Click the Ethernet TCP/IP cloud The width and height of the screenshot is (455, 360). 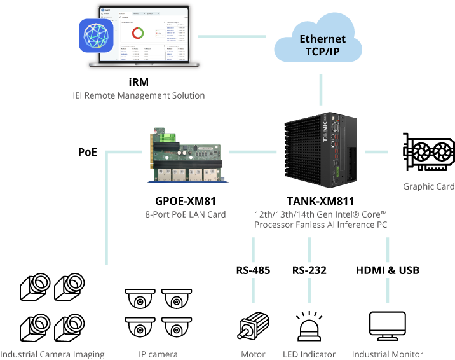pyautogui.click(x=318, y=41)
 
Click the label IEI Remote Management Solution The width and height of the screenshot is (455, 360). pyautogui.click(x=139, y=95)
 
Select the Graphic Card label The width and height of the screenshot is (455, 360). pyautogui.click(x=429, y=186)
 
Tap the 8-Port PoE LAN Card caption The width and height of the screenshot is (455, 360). pyautogui.click(x=185, y=214)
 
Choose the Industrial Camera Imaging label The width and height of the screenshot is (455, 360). pyautogui.click(x=52, y=354)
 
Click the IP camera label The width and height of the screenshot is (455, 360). pyautogui.click(x=158, y=354)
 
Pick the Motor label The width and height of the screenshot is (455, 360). pyautogui.click(x=253, y=354)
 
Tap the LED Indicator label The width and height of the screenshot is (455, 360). pyautogui.click(x=309, y=354)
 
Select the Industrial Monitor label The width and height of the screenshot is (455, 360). pyautogui.click(x=387, y=354)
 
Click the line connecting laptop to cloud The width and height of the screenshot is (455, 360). pyautogui.click(x=231, y=36)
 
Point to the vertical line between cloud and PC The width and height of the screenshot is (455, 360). pyautogui.click(x=322, y=90)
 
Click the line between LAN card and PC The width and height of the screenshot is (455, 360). pyautogui.click(x=252, y=152)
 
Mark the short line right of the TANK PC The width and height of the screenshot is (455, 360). pyautogui.click(x=376, y=152)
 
